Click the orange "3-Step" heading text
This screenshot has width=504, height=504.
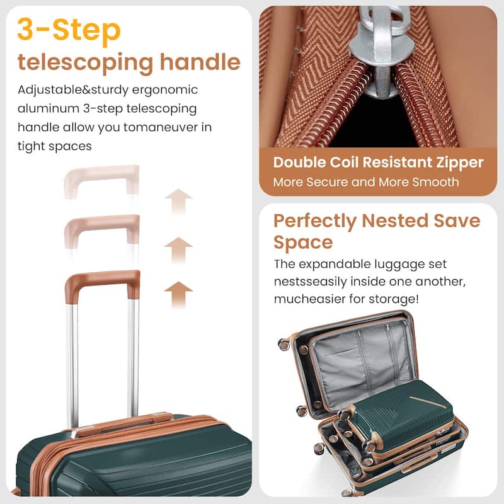point(69,30)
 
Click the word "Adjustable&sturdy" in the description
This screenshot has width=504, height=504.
point(71,90)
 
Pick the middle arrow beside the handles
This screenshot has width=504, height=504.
point(178,249)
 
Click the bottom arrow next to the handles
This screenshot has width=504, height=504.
point(178,294)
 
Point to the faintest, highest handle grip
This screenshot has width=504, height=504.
point(101,174)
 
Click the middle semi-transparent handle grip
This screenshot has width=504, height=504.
point(101,222)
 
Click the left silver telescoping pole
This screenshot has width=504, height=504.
point(73,359)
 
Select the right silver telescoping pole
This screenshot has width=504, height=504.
point(132,359)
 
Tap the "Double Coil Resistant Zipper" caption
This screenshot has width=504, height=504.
point(378,163)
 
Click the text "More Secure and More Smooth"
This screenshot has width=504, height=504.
point(366,182)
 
